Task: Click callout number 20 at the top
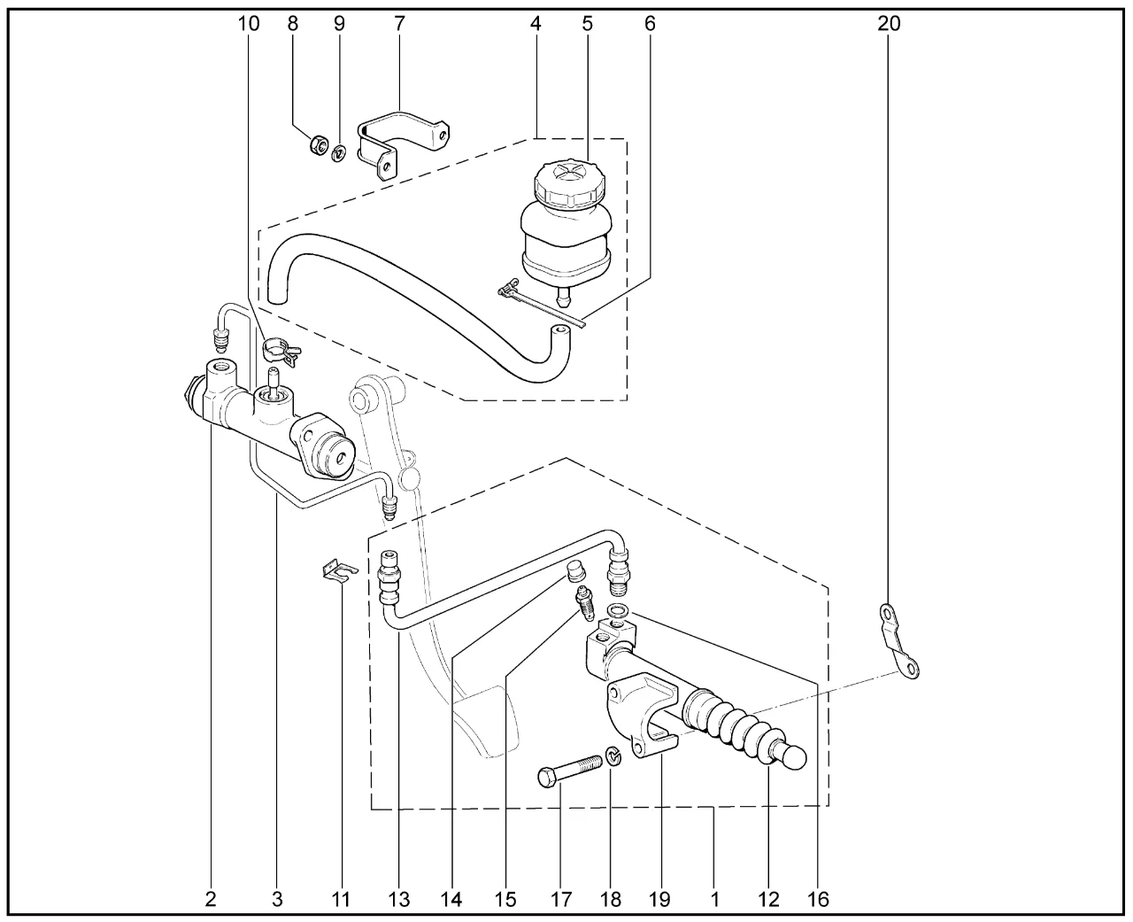click(x=889, y=24)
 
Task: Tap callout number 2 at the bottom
click(x=211, y=900)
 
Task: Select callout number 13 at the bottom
click(x=399, y=900)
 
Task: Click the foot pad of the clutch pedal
click(x=483, y=722)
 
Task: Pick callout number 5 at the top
click(x=587, y=24)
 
